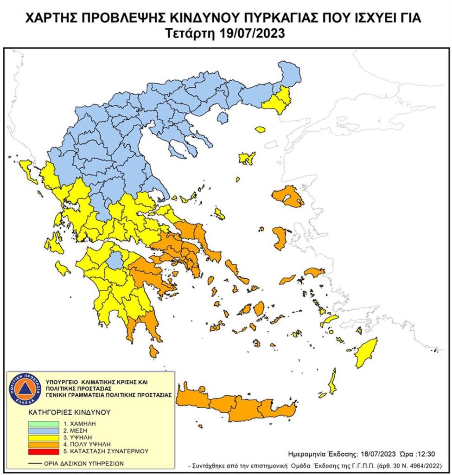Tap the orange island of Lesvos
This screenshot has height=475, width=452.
[x=287, y=197]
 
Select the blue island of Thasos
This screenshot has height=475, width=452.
[x=223, y=118]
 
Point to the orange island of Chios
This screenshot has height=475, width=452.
[x=280, y=238]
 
